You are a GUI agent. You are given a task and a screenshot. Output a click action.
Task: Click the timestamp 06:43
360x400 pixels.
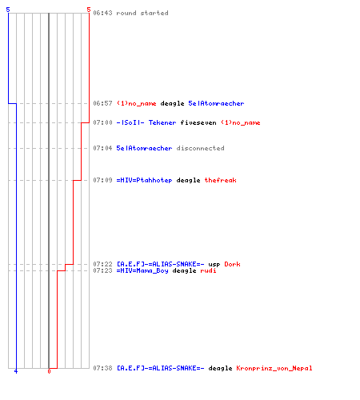click(102, 13)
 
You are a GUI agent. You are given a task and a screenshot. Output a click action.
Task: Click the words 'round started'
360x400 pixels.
click(142, 13)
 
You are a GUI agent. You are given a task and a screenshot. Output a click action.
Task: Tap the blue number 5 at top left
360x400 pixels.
click(8, 10)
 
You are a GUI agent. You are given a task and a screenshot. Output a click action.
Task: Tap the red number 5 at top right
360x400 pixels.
click(89, 10)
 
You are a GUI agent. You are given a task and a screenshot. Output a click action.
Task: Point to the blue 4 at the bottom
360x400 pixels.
click(16, 371)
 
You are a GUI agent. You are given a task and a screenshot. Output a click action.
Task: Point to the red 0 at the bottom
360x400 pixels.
click(49, 371)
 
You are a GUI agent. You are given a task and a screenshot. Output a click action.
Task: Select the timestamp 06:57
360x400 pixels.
click(102, 103)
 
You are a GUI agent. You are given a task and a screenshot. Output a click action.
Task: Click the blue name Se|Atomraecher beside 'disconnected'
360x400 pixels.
click(144, 148)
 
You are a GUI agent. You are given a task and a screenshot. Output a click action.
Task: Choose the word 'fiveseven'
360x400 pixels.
click(198, 122)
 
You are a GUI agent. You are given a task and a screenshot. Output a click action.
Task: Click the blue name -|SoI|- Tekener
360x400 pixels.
click(146, 122)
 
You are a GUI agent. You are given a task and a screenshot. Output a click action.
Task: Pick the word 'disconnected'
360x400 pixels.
click(200, 148)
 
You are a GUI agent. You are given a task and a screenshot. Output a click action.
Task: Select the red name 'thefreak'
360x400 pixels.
click(220, 180)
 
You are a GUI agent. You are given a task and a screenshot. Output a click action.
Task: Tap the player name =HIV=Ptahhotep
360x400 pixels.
click(144, 180)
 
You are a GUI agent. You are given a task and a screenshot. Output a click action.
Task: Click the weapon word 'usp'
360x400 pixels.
click(214, 264)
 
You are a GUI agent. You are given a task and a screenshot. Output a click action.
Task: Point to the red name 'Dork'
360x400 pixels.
click(232, 264)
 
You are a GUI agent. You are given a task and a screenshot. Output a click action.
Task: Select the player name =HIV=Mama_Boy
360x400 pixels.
click(142, 270)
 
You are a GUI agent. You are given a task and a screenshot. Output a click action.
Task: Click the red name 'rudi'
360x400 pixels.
click(208, 270)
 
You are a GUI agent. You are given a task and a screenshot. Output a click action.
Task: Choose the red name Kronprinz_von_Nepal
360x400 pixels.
click(274, 368)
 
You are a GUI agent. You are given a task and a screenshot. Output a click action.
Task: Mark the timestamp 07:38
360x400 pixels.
click(102, 368)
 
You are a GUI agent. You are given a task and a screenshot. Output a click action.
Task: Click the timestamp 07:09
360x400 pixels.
click(102, 180)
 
